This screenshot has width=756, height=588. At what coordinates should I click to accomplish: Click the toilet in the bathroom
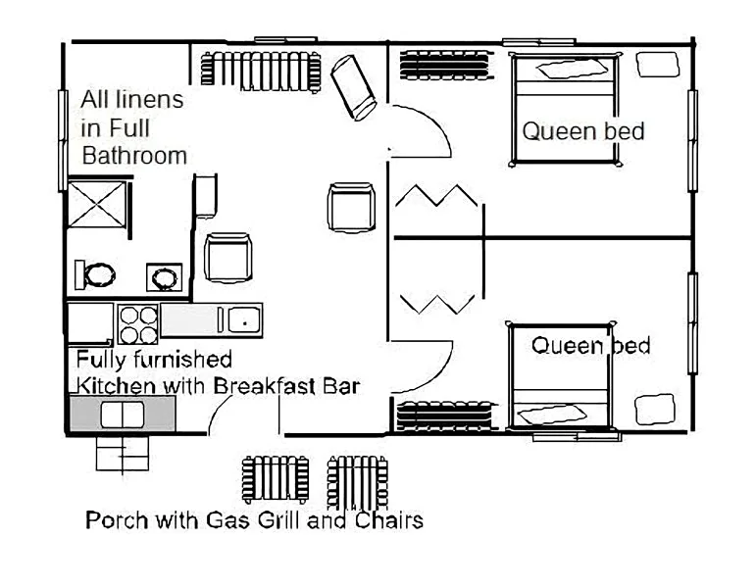coord(95,274)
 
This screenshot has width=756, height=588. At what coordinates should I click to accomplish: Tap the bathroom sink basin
coord(165,277)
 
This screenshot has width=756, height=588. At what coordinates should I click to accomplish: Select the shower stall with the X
coord(97,205)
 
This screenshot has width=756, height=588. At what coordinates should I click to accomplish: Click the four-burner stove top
coord(138,323)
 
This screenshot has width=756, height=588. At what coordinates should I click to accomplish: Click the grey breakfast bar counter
coord(123,414)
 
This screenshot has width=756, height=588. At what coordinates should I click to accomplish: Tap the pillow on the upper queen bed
coord(573,69)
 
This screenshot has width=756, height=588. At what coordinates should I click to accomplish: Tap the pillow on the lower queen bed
coord(552,414)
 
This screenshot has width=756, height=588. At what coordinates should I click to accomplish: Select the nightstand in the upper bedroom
coord(658,64)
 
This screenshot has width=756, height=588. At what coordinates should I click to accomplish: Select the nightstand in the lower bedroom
coord(654,410)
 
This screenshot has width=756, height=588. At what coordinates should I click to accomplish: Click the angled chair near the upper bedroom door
coord(353,88)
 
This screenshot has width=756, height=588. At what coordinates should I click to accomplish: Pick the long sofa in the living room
coord(261,72)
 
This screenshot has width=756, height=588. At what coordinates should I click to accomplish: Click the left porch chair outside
coord(276,479)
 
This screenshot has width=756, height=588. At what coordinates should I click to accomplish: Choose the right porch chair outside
coord(357,482)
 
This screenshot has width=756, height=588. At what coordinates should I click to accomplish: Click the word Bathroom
coord(134,156)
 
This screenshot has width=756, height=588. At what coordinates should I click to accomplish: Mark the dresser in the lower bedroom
coord(447,415)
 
